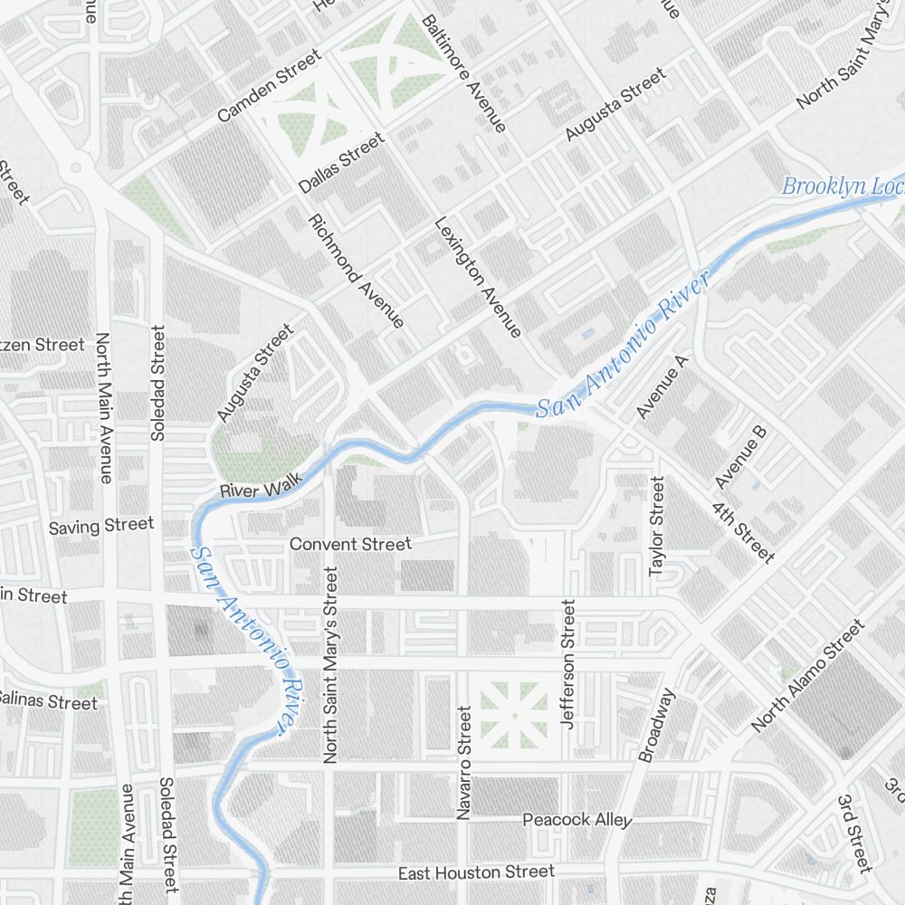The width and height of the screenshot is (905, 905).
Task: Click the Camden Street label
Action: pos(270,86)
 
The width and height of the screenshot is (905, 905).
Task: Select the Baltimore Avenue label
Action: pos(463,73)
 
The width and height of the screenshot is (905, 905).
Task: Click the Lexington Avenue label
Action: pos(478,277)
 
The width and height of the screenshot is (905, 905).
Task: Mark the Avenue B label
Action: pos(741,455)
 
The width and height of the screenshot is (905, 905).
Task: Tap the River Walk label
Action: pos(262,491)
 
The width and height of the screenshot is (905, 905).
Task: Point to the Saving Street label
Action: pos(101,526)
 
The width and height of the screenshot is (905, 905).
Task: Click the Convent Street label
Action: pos(350,544)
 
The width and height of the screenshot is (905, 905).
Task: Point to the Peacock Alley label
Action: pos(576,820)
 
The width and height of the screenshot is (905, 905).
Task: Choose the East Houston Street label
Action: pos(476,872)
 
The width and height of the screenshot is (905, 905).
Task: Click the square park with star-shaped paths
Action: pos(513,714)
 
